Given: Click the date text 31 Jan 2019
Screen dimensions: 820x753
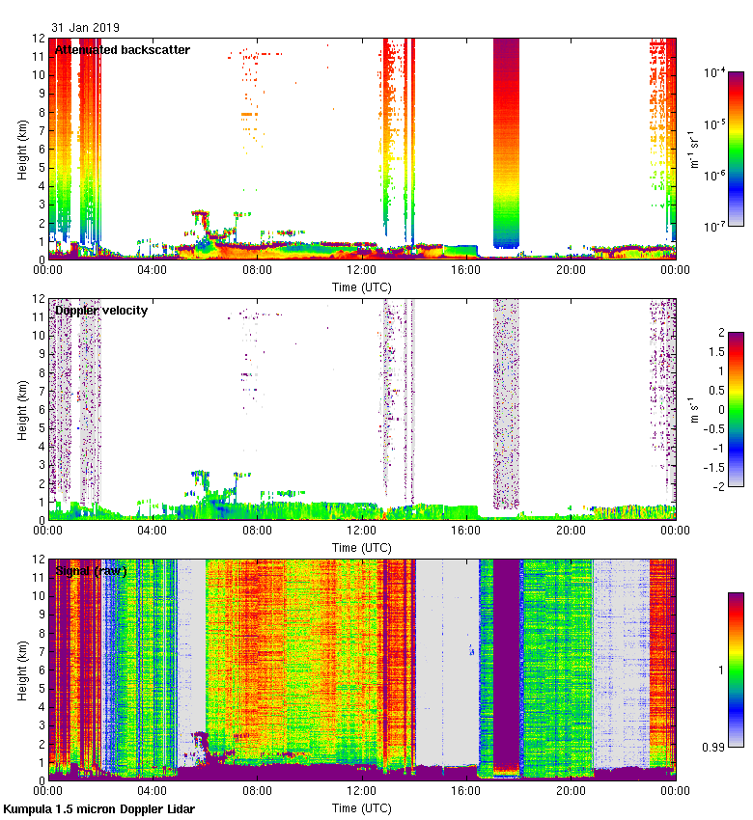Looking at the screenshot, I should pos(86,28).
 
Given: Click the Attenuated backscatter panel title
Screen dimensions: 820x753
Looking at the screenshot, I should pos(122,50).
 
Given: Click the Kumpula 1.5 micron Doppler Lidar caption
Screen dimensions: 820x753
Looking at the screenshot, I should pos(99,809).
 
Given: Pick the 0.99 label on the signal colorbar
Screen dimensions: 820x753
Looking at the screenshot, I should pos(712,747).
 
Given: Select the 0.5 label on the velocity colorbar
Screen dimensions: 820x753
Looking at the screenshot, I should pos(712,390).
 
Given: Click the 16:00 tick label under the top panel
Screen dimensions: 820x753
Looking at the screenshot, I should pos(465,269).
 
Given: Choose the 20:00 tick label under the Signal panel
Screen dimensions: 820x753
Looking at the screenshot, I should pos(570,790).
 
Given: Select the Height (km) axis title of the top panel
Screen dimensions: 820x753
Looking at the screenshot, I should pos(22,149).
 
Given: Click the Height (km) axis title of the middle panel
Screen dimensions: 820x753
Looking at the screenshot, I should pos(22,409).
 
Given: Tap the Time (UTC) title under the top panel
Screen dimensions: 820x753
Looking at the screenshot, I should pos(361,287).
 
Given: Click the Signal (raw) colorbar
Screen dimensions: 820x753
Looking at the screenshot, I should pos(735,670).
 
